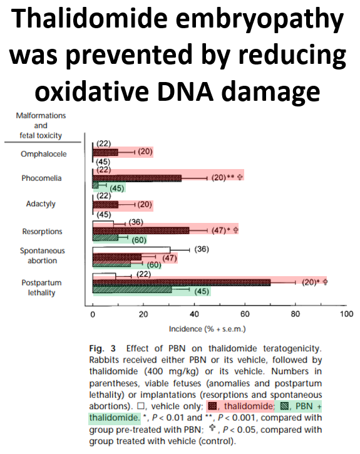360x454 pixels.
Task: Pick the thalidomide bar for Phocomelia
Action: coord(136,178)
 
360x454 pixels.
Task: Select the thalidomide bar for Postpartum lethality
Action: coord(181,282)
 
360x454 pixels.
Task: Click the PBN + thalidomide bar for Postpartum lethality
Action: coord(131,289)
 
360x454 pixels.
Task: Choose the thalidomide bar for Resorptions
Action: coord(140,230)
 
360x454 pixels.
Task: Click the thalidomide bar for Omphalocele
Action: coord(105,152)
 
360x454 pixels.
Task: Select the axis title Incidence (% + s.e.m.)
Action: coord(206,329)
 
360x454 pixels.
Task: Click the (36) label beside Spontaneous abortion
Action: coord(201,249)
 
